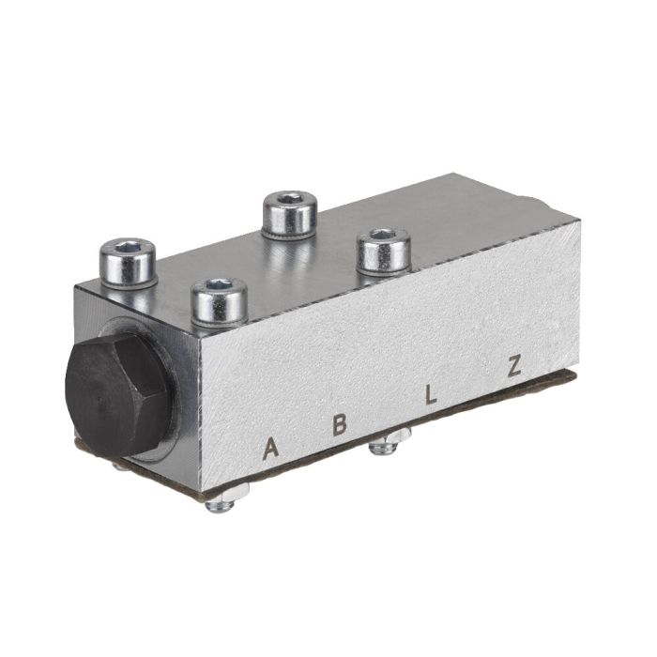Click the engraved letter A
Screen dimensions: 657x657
click(271, 448)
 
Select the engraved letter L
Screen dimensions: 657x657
click(431, 395)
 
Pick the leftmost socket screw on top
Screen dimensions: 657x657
click(128, 263)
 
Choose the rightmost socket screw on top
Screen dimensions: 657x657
click(383, 251)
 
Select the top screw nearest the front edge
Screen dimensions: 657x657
click(219, 302)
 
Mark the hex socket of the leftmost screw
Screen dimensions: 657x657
click(128, 251)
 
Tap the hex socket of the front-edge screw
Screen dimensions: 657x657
click(219, 288)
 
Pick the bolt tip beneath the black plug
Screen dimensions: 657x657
click(119, 462)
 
